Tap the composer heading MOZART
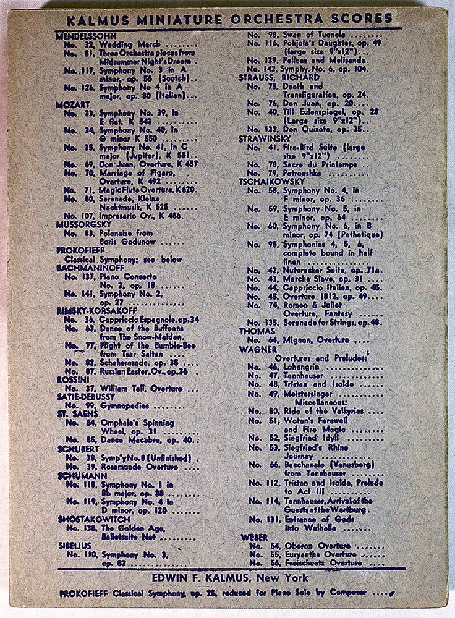click(73, 105)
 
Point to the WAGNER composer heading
click(258, 349)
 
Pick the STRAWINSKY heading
click(265, 139)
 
